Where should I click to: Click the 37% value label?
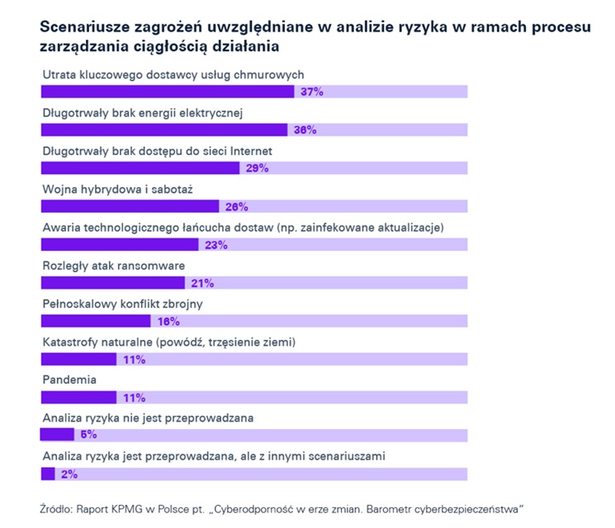311,92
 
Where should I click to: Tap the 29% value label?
257,168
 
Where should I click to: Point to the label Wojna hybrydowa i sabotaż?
117,189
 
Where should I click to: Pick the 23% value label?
216,245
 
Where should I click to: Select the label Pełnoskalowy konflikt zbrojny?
122,304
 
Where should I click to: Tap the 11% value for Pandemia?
134,397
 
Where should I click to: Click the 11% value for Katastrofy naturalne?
134,360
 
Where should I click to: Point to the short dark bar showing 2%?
48,474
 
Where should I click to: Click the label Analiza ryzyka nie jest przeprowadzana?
147,417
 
